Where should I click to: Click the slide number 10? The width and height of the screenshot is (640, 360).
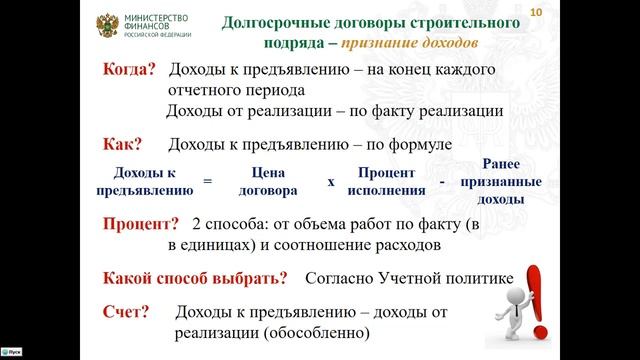pos(535,10)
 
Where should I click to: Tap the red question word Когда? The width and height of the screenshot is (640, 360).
pos(130,70)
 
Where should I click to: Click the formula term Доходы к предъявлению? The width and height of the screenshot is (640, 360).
pos(146,180)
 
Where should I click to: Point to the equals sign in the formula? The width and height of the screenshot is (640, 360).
pos(208,182)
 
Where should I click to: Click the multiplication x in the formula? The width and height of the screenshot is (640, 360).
pos(330,182)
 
